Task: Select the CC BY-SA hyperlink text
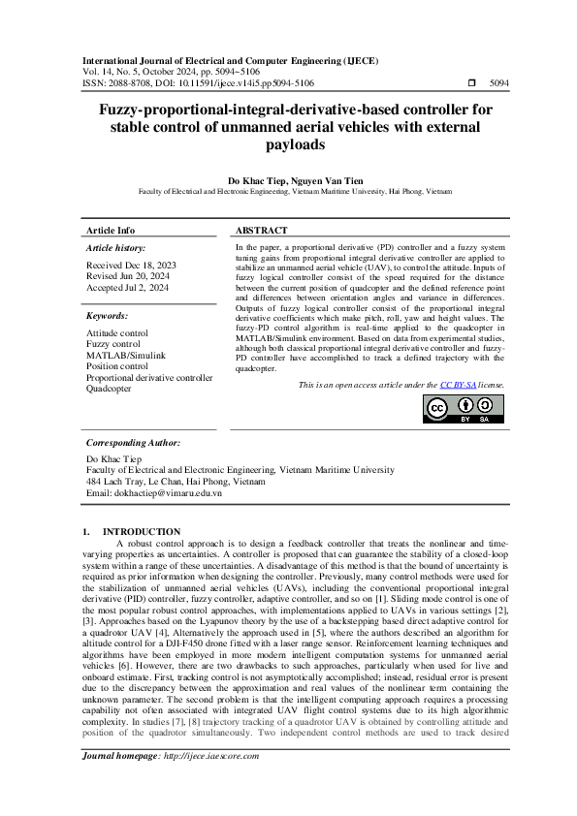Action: tap(456, 385)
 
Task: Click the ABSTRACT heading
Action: tap(261, 231)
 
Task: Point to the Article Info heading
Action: tap(111, 231)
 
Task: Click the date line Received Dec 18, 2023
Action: tap(132, 265)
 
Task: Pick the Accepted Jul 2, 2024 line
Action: tap(128, 287)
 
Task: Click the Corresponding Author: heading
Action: tap(134, 441)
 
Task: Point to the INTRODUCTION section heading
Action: tap(141, 531)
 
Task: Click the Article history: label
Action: tap(116, 248)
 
